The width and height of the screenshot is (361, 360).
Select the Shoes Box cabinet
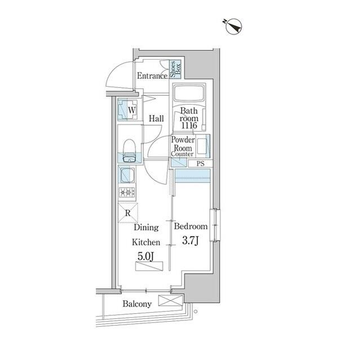pyautogui.click(x=174, y=69)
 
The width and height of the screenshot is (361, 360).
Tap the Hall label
pyautogui.click(x=156, y=119)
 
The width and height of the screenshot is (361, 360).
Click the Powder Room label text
pyautogui.click(x=183, y=144)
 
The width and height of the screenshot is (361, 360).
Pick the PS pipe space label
pyautogui.click(x=200, y=164)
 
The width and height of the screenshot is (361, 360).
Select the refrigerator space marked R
pyautogui.click(x=127, y=213)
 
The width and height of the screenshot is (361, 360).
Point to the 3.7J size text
pyautogui.click(x=191, y=241)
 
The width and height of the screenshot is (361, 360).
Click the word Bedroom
pyautogui.click(x=191, y=226)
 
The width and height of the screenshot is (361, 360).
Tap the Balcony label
pyautogui.click(x=137, y=304)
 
